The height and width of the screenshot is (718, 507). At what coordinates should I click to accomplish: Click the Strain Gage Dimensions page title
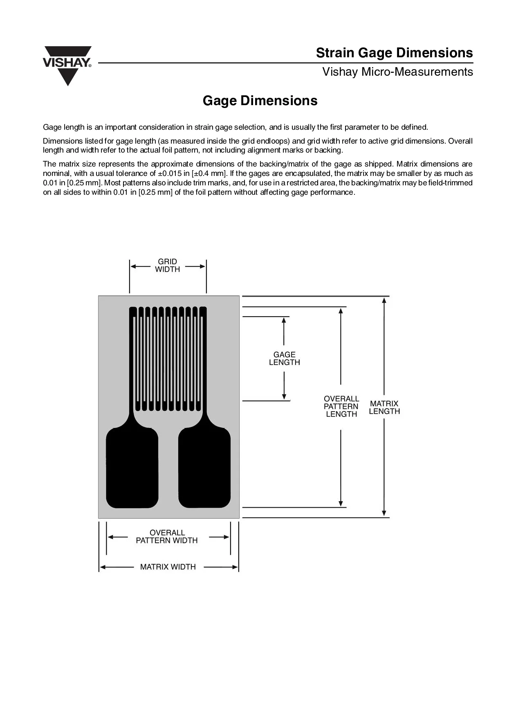click(394, 53)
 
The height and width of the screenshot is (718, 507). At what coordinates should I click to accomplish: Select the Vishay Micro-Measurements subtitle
click(397, 72)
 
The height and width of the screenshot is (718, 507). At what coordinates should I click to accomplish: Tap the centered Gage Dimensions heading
click(260, 101)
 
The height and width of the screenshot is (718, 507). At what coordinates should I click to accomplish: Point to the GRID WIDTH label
click(168, 266)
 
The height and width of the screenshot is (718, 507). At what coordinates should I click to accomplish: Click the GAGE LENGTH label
click(285, 358)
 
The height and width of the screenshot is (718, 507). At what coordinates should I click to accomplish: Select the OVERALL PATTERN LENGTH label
click(341, 406)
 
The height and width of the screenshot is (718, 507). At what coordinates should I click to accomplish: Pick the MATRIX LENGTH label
click(384, 407)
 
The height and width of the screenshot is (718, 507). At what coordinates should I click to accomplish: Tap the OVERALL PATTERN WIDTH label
click(167, 536)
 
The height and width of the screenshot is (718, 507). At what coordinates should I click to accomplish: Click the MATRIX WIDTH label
click(168, 567)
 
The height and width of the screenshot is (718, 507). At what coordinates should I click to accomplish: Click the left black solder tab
click(132, 468)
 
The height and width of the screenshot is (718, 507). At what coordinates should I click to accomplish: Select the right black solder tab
click(204, 468)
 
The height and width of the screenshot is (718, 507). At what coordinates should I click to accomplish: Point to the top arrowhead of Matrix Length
click(384, 300)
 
